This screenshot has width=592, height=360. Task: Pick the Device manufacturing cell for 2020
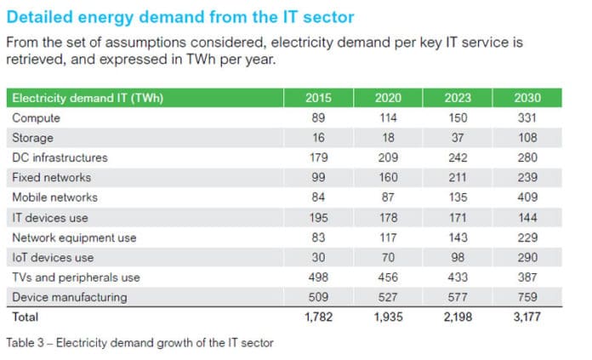pyautogui.click(x=388, y=297)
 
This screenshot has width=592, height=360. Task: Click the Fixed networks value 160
pyautogui.click(x=388, y=178)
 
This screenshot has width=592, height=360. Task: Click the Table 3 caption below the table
pyautogui.click(x=141, y=342)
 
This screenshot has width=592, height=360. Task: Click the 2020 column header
pyautogui.click(x=388, y=99)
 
